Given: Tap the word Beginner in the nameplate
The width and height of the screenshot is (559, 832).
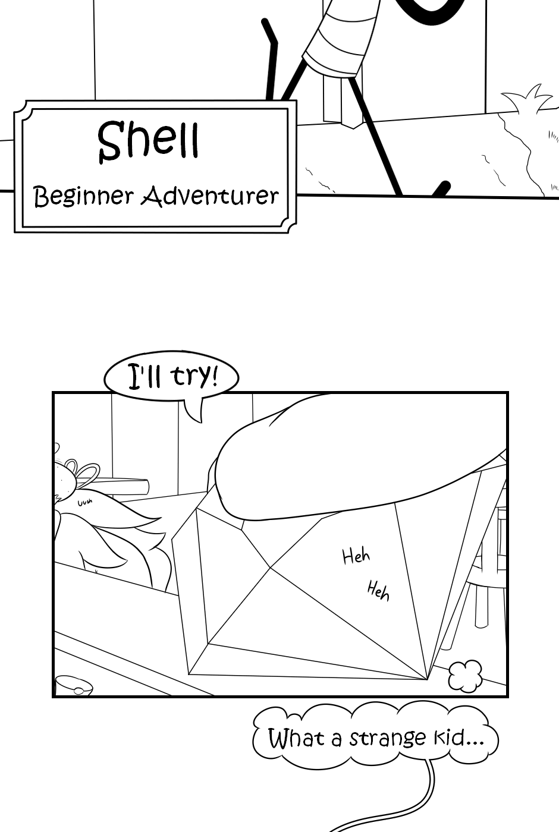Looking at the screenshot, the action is [x=84, y=197].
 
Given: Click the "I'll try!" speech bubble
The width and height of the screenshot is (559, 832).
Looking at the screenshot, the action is [x=171, y=377].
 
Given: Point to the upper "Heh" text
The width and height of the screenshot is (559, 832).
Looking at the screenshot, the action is [x=356, y=556].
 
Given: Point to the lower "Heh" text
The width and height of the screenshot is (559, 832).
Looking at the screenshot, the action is [x=378, y=592].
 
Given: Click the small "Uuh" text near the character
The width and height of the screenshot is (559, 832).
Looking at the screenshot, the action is [x=85, y=503].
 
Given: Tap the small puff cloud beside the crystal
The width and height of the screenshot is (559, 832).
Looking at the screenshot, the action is [x=466, y=676].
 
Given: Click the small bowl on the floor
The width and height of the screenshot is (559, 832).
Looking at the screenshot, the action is [x=74, y=685].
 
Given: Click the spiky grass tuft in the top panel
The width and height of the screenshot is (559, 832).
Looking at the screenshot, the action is [x=526, y=98].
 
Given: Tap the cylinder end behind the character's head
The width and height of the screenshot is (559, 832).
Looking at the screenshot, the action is [x=143, y=486].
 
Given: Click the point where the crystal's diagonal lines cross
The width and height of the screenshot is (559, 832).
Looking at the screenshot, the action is [x=270, y=567].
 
